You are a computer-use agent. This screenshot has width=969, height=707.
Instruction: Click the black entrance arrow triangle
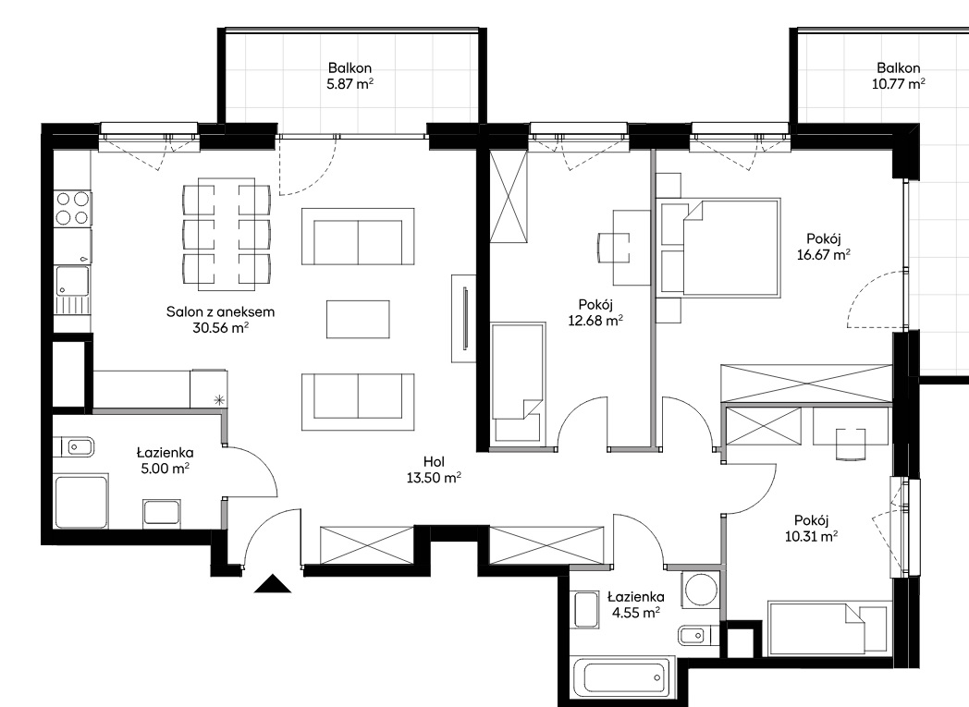coord(273,584)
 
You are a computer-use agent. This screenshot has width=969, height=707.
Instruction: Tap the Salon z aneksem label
coord(221,311)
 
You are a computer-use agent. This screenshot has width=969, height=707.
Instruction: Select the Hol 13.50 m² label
coord(434,469)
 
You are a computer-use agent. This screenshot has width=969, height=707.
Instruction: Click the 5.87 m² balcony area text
coord(350,84)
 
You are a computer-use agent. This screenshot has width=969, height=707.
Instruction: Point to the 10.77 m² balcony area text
coord(898,84)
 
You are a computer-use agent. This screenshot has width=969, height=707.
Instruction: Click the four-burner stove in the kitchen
coord(72,208)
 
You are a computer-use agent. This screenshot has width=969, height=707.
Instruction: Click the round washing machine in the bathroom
coord(701,591)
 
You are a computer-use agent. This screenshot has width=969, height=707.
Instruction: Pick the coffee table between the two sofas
coord(358,319)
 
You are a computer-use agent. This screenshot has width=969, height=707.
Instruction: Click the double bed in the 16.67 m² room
coord(719,246)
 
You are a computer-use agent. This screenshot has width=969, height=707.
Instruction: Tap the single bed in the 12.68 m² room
coord(519,382)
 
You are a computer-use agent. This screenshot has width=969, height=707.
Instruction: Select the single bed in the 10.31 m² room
coord(828,628)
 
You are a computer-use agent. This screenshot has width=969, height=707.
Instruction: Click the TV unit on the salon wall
coord(463,319)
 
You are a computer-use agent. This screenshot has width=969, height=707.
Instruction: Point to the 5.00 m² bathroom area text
coord(165,469)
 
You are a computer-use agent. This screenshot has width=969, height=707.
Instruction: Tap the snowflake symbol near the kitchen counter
coord(219,399)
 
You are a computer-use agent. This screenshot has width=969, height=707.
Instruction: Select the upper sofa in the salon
coord(358,237)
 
